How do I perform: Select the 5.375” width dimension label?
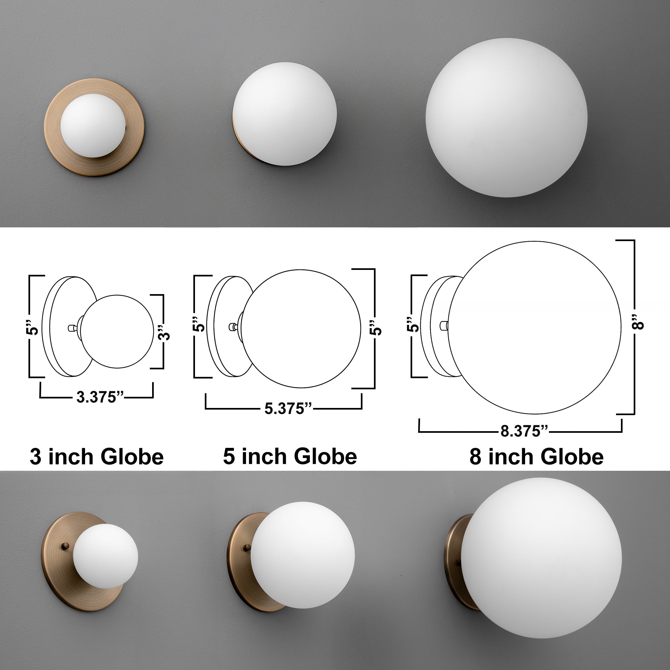point(288,409)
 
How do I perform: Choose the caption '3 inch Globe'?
point(97,457)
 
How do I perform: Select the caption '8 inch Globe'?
point(536,457)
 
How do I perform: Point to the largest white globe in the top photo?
point(506,118)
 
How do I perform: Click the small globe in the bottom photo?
point(106,556)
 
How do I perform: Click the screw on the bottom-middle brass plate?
point(247,548)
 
